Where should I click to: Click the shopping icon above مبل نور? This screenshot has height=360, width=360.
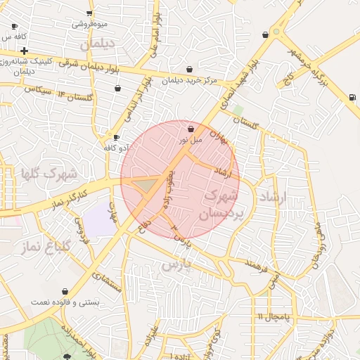[191, 129]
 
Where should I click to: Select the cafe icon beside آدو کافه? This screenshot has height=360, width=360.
[116, 137]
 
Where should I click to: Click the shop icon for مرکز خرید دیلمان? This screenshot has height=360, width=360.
[190, 70]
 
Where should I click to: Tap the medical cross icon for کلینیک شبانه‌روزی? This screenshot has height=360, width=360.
[25, 51]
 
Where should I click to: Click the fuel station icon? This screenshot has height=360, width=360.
[351, 97]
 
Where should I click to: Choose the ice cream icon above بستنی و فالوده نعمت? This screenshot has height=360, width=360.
[65, 291]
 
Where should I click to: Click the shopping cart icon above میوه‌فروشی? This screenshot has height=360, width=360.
[89, 13]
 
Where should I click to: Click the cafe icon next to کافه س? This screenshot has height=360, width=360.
[15, 26]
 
